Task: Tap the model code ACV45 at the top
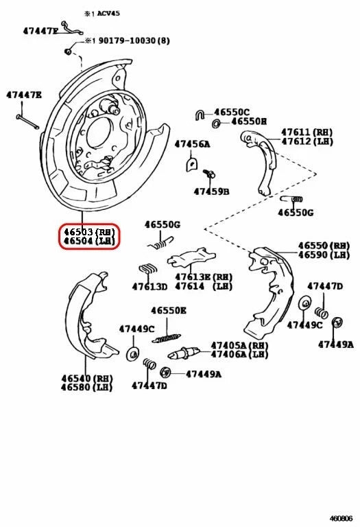click(108, 13)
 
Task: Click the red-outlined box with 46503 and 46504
click(88, 237)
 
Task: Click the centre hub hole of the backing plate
click(97, 130)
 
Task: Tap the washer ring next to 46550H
click(217, 123)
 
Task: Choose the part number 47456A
click(192, 144)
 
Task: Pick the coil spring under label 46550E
click(166, 337)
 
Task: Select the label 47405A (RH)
click(239, 345)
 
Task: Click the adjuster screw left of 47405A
click(184, 353)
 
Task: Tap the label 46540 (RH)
click(86, 378)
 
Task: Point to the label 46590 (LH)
click(323, 255)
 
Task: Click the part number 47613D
click(149, 286)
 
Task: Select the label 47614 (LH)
click(203, 286)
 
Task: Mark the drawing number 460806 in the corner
click(341, 519)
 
